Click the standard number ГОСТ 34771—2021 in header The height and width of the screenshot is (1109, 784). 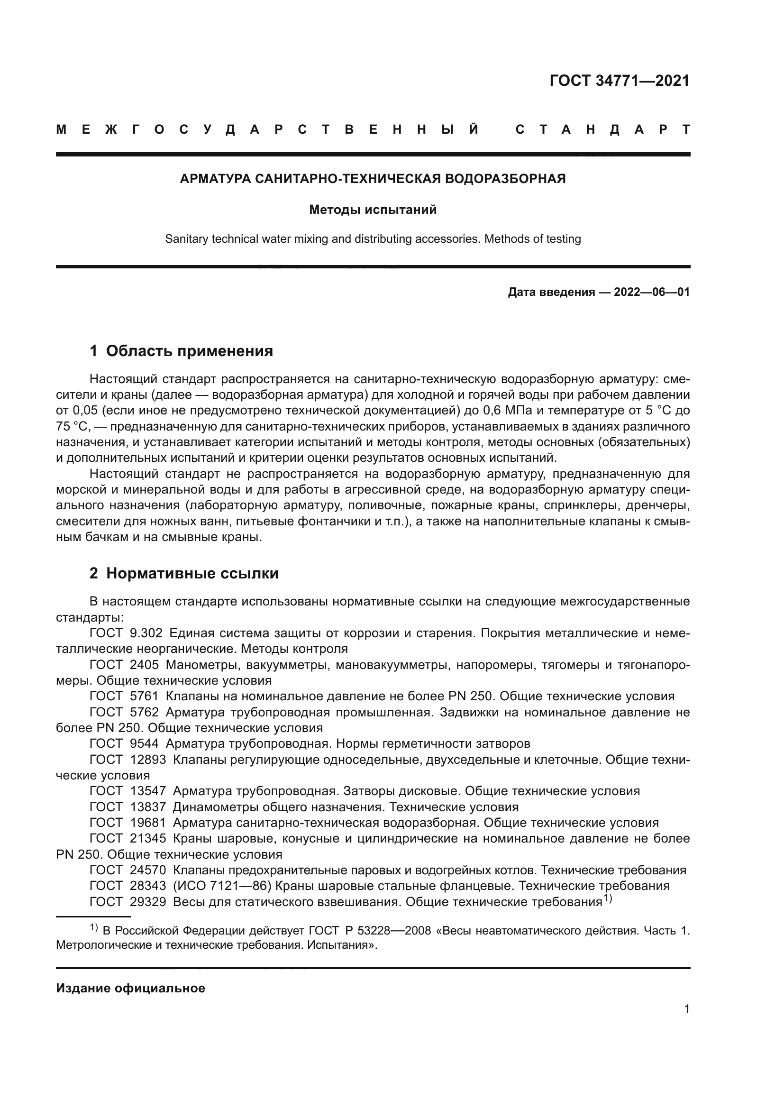620,81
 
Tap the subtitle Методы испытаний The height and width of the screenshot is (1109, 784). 373,210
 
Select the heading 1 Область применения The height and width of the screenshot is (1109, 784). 181,351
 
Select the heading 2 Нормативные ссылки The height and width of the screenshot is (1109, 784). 184,573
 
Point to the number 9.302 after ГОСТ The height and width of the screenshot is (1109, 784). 146,633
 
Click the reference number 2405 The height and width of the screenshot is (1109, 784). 145,665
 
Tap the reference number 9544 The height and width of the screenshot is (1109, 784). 145,743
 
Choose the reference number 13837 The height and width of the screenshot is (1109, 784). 148,807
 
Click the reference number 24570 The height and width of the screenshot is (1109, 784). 148,871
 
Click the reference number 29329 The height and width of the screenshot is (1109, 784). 148,902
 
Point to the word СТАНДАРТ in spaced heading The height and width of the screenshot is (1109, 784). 602,130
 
